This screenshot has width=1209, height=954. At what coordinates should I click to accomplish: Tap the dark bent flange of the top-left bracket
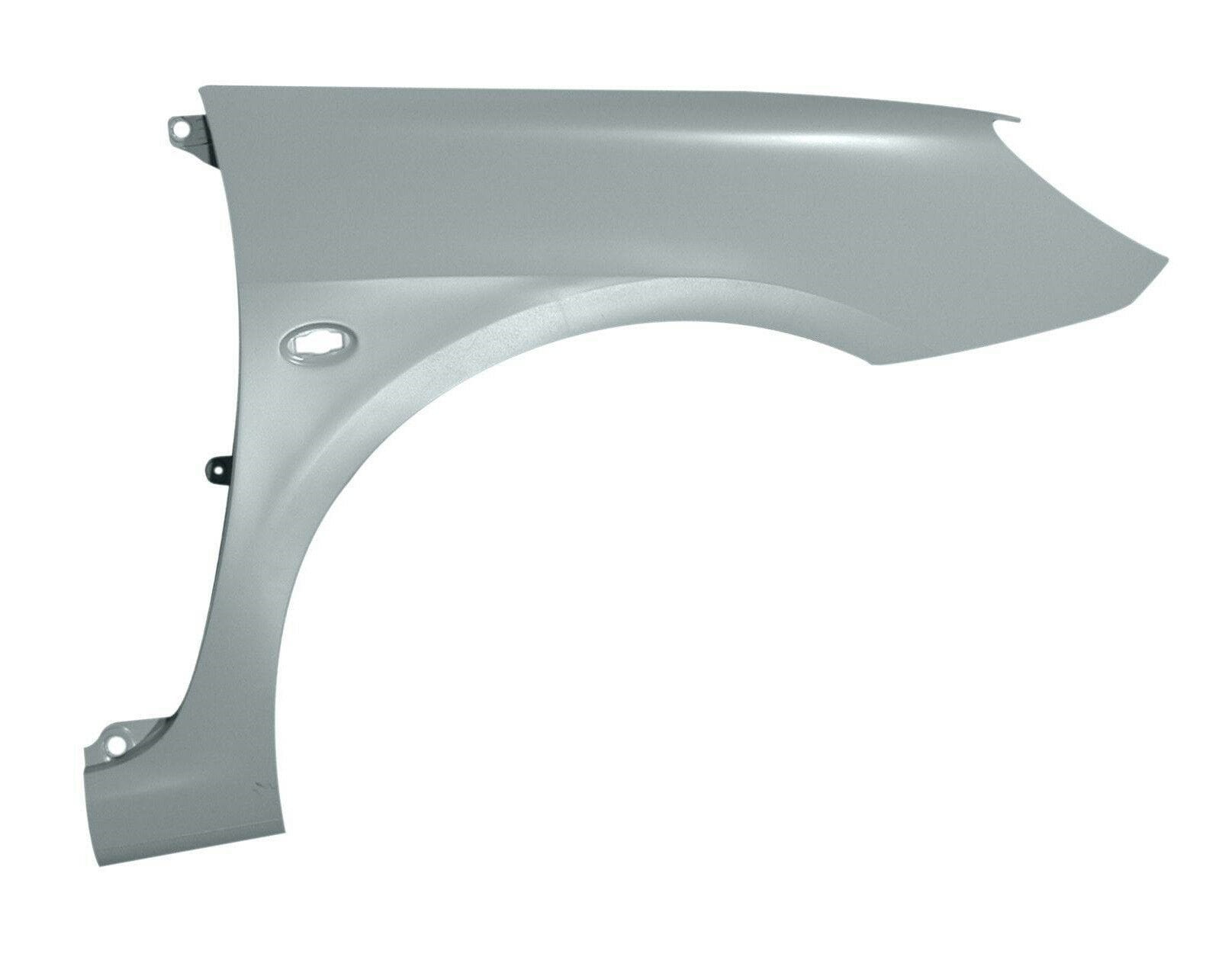coord(201,142)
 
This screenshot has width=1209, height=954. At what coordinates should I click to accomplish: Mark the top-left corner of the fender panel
coord(200,88)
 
